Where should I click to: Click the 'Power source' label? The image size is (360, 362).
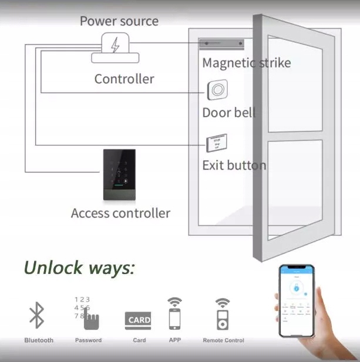tap(119, 21)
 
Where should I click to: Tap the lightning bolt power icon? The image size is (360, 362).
tap(115, 45)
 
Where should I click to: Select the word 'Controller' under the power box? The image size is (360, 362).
tap(124, 79)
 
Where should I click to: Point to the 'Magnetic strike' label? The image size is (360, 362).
tap(246, 62)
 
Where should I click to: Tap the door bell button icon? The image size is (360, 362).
tap(217, 90)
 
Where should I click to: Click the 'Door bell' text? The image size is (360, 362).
tap(228, 113)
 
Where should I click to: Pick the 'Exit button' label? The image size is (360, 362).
tap(234, 165)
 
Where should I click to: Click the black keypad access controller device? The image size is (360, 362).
tap(123, 174)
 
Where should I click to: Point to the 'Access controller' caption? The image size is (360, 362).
tap(120, 213)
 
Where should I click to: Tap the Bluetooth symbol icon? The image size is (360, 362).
tap(37, 316)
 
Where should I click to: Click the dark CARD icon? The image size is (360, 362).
tap(138, 320)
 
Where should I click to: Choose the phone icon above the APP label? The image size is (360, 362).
tap(174, 319)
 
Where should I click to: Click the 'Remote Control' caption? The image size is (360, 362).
tap(223, 340)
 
